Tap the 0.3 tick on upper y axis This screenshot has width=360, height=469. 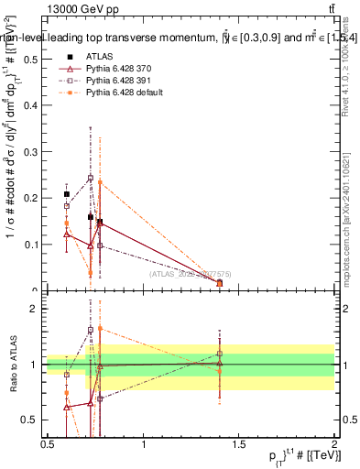[x=33, y=151]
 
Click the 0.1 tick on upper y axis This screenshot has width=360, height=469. [x=33, y=245]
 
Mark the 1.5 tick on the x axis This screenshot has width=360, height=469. [x=239, y=444]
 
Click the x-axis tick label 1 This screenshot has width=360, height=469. [x=144, y=444]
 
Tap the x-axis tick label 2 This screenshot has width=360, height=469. [x=333, y=444]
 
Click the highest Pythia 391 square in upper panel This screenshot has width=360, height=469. [x=90, y=178]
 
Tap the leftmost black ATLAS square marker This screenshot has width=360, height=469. [x=66, y=194]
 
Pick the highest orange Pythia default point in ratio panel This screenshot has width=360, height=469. [x=99, y=328]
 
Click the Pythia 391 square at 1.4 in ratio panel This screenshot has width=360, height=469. [x=220, y=353]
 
